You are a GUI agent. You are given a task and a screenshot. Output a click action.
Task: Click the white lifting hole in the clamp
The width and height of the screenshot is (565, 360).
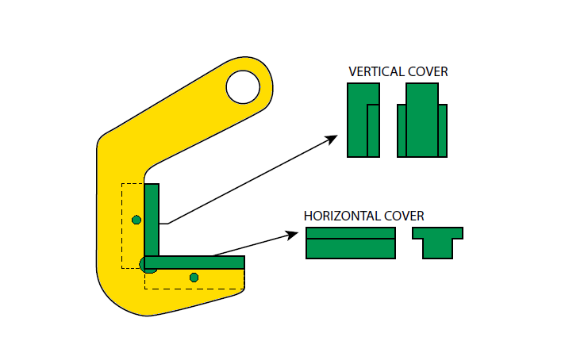[x=243, y=87]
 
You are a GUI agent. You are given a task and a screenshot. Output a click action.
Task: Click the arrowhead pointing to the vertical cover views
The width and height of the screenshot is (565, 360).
[x=332, y=139]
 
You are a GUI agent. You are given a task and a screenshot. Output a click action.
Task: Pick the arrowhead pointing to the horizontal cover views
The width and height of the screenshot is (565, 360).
[x=292, y=235]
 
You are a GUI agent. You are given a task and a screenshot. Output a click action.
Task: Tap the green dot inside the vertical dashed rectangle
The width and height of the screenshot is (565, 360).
[x=136, y=220]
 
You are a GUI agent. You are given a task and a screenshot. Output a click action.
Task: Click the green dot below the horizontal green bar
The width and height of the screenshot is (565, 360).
[x=194, y=278]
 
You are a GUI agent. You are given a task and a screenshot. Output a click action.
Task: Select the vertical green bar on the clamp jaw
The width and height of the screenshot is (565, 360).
[x=152, y=220]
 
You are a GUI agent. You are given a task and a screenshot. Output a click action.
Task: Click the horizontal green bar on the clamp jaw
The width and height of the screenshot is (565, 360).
[x=194, y=262]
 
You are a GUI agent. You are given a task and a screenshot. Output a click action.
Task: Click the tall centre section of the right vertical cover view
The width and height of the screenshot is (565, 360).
[x=422, y=120]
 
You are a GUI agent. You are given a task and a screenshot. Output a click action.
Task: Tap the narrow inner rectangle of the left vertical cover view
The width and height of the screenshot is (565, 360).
[x=373, y=131]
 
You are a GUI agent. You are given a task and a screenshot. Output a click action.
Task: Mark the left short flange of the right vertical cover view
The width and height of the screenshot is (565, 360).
[x=402, y=131]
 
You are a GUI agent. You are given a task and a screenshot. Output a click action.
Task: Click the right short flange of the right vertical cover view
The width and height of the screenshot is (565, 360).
[x=443, y=131]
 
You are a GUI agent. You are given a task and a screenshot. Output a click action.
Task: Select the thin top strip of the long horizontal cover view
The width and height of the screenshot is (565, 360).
[x=351, y=233]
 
